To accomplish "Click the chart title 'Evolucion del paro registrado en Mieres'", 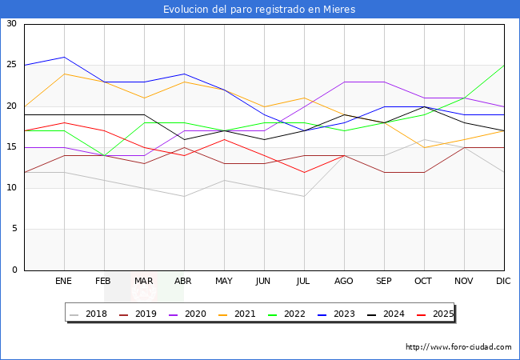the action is click(x=259, y=9).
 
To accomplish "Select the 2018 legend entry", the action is click(x=89, y=314).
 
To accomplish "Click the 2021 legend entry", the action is click(x=237, y=314).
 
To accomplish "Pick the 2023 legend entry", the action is click(x=336, y=314).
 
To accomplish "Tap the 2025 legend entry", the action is click(x=435, y=314).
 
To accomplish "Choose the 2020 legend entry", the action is click(x=188, y=314).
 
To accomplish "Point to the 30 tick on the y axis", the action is click(x=12, y=23).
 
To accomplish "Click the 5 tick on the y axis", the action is click(x=14, y=229).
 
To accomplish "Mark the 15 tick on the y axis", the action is click(x=12, y=147).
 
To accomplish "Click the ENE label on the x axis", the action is click(x=63, y=281).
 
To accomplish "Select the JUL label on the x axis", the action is click(x=303, y=281).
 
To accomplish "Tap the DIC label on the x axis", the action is click(x=503, y=281).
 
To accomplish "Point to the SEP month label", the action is click(x=384, y=281).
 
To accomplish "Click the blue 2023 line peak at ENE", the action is click(x=64, y=57).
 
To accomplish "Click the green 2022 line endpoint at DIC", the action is click(x=504, y=66).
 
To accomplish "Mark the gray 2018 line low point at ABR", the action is click(x=184, y=196).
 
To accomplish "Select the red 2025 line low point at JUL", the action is click(x=305, y=172).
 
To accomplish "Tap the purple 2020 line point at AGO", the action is click(x=344, y=82).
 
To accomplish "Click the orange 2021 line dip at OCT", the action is click(x=424, y=147).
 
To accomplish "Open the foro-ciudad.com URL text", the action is click(x=458, y=347).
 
